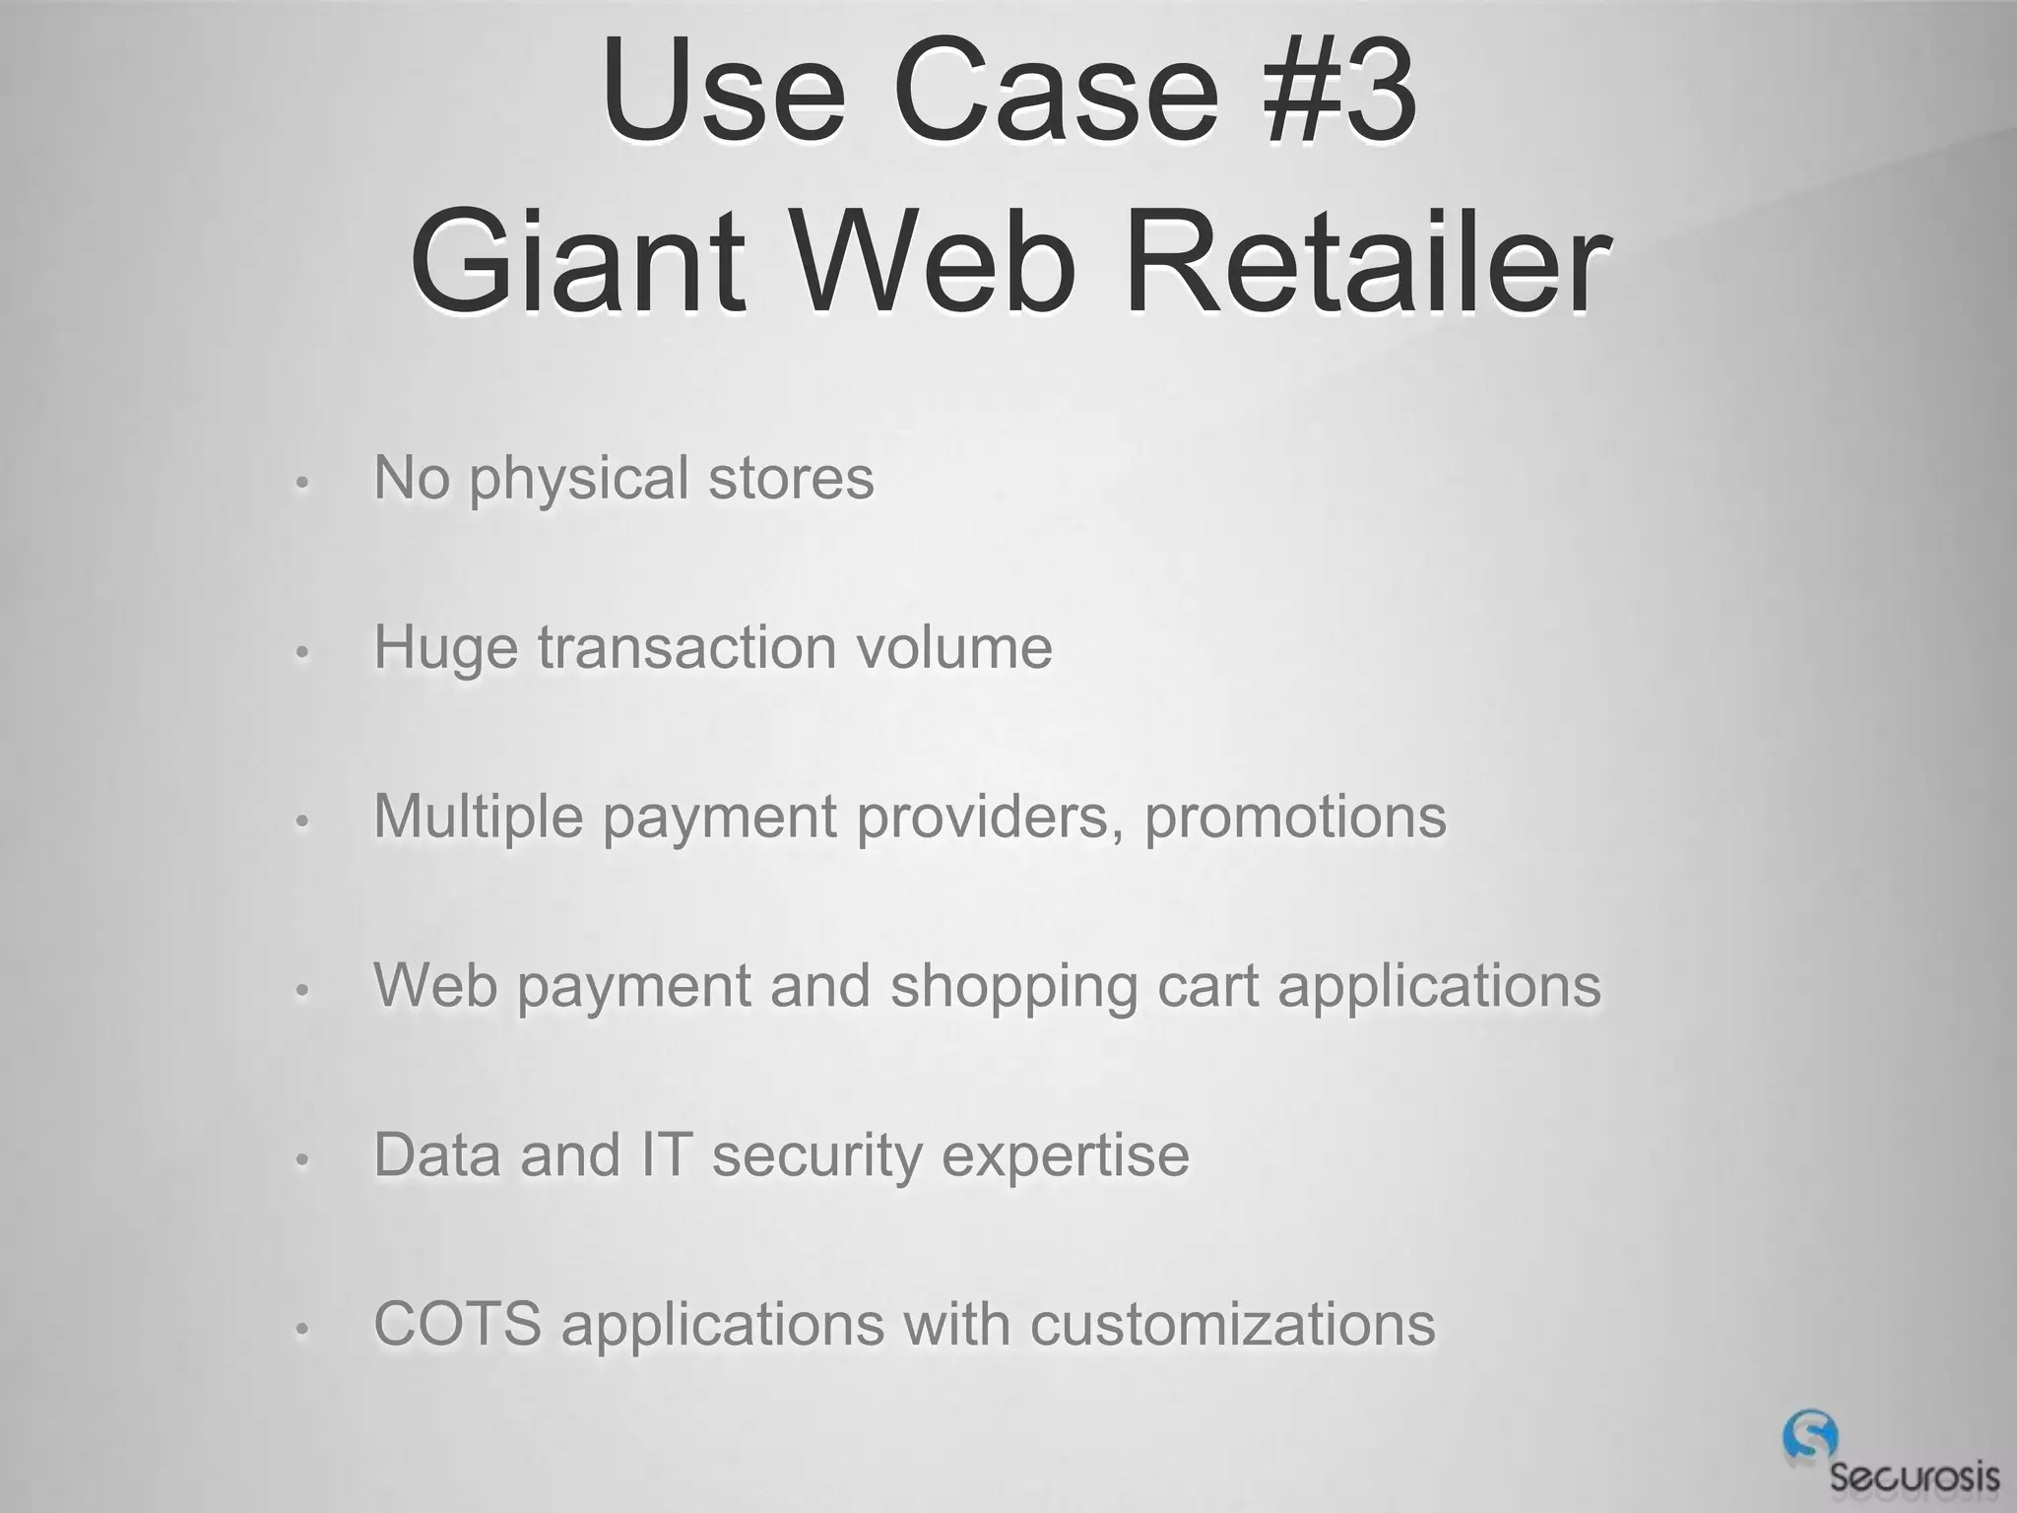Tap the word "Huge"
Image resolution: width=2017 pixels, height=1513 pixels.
445,650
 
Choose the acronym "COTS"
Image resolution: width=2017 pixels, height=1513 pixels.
457,1324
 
